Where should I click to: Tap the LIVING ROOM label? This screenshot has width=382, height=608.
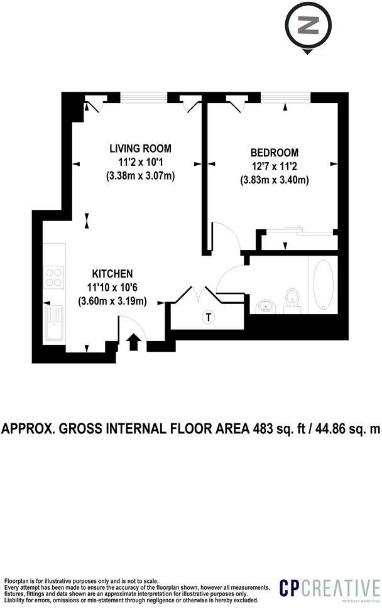(x=140, y=149)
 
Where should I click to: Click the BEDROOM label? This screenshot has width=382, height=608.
(x=274, y=153)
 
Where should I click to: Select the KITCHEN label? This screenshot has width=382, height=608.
(x=112, y=274)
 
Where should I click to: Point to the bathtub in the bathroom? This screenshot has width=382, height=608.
(x=324, y=285)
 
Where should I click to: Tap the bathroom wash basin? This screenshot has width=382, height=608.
(x=267, y=306)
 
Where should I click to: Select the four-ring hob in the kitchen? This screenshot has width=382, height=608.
(x=54, y=277)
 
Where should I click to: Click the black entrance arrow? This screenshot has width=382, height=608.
(x=133, y=342)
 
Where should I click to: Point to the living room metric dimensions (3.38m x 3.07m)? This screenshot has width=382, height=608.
(x=140, y=176)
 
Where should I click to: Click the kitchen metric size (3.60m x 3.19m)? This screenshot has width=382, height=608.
(x=112, y=301)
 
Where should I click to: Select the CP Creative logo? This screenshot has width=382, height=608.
(x=329, y=589)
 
